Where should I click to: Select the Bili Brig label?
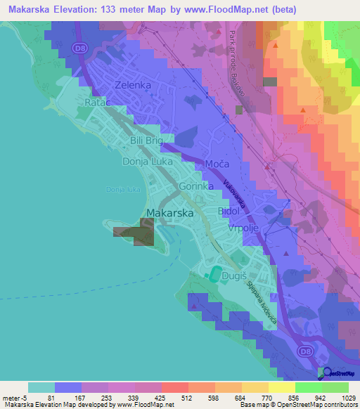coord(146,141)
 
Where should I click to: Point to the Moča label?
coord(217,164)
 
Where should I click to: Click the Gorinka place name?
coord(196,188)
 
